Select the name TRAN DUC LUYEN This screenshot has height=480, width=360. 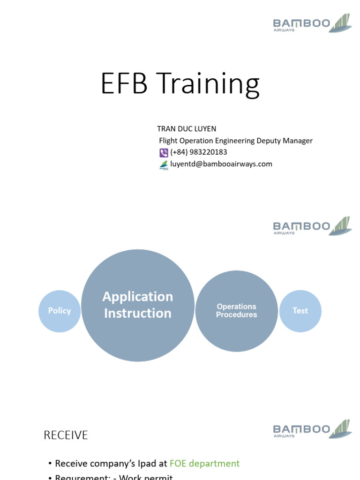coord(187,128)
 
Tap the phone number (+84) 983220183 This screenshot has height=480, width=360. coord(199,152)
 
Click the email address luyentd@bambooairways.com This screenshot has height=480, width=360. coord(221,164)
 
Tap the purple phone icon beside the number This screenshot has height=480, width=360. coord(164,152)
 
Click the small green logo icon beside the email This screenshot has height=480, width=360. coord(164,165)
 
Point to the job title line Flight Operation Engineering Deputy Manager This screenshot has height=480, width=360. coord(236,141)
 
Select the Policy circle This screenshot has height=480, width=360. coord(60,311)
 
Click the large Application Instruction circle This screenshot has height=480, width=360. coord(138,305)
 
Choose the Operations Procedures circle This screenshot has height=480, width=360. coord(236,311)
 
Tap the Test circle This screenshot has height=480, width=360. coord(300,311)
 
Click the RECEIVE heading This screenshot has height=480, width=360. coord(66,435)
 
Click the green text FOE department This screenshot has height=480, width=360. coord(205,464)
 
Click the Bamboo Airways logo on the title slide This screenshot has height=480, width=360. coord(312,23)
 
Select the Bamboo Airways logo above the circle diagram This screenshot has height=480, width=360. coord(312,226)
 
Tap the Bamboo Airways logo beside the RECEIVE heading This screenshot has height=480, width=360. coord(312,429)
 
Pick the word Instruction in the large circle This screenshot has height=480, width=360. coord(138,314)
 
